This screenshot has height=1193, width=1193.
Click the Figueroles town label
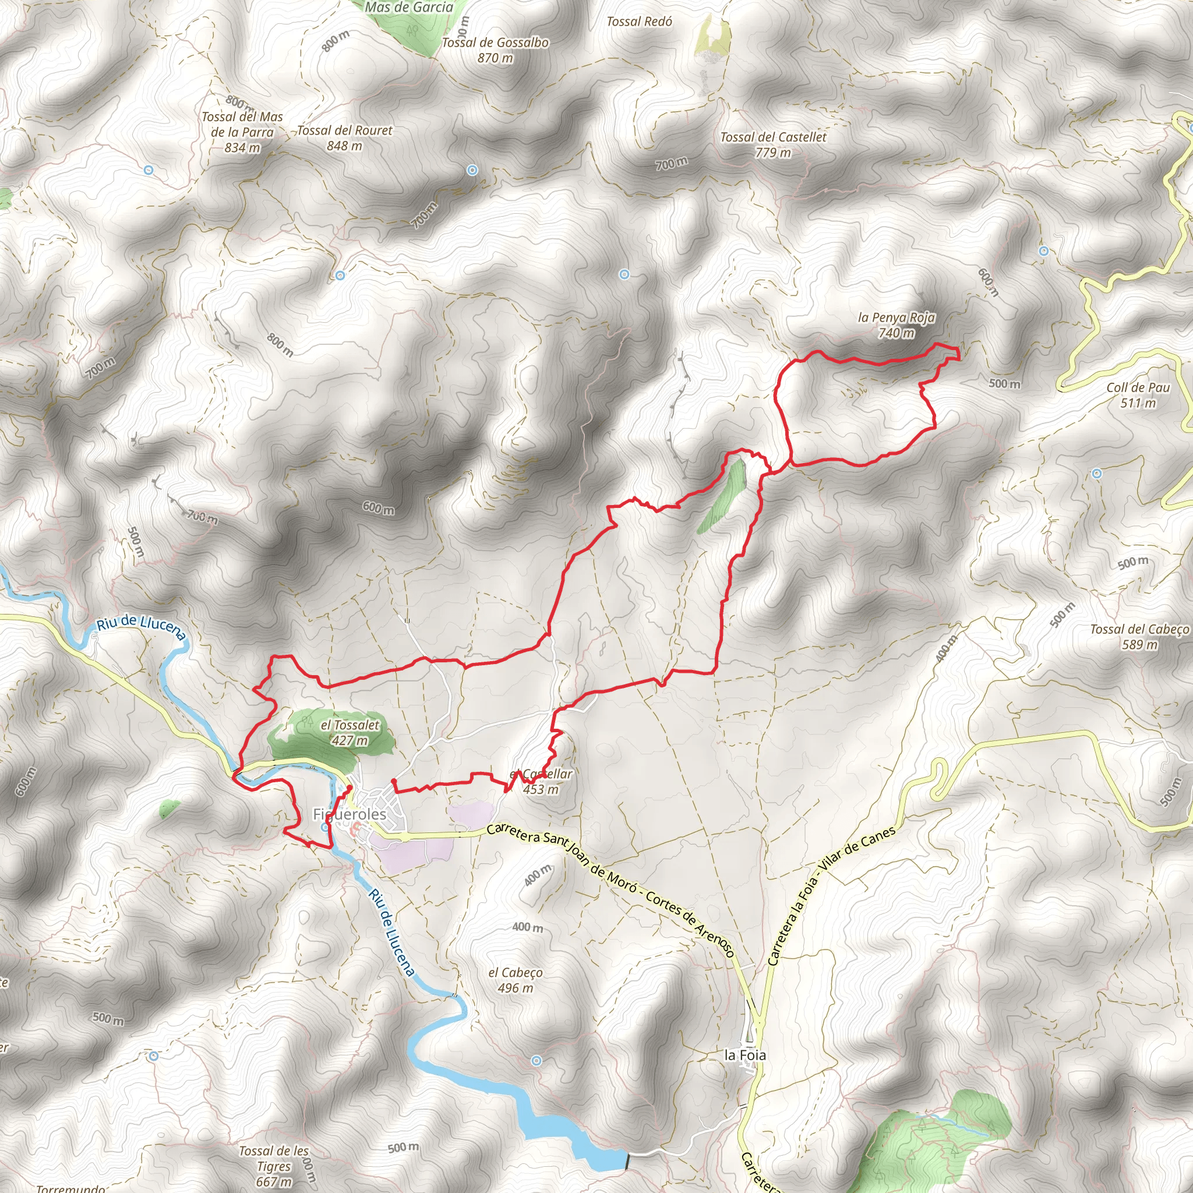(x=350, y=814)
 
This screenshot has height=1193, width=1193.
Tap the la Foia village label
(x=744, y=1056)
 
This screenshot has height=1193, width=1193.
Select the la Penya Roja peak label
(x=896, y=318)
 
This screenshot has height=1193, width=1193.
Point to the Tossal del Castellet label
(x=773, y=137)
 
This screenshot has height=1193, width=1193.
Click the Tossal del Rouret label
(x=345, y=131)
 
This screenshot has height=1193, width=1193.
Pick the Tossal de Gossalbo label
(x=495, y=43)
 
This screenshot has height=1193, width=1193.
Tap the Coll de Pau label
(x=1138, y=388)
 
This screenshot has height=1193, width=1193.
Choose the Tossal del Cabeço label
(x=1139, y=629)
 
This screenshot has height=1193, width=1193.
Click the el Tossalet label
(x=350, y=725)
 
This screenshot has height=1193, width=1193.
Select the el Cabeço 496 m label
(x=516, y=980)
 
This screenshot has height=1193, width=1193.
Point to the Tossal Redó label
(x=639, y=22)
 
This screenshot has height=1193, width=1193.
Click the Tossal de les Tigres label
(x=274, y=1159)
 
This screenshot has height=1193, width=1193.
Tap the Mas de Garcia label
(x=409, y=8)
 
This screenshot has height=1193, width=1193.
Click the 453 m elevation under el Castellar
(x=541, y=789)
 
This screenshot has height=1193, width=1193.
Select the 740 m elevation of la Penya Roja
(x=896, y=333)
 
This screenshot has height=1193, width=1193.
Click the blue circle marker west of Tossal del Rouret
(x=148, y=170)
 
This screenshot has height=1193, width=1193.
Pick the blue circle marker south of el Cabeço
(x=537, y=1061)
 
